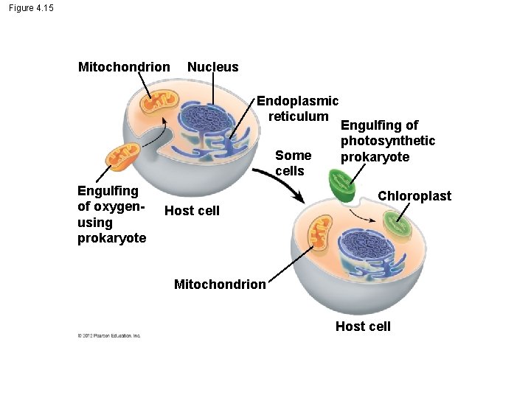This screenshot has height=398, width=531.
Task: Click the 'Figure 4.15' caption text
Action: [32, 8]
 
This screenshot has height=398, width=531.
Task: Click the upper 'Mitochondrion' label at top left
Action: [124, 67]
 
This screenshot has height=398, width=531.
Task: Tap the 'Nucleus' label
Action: [212, 67]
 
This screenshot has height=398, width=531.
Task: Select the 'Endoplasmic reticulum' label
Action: [297, 108]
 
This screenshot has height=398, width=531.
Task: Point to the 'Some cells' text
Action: [293, 163]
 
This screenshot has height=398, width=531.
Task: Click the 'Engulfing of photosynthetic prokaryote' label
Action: [387, 141]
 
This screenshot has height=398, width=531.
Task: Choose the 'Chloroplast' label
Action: [414, 196]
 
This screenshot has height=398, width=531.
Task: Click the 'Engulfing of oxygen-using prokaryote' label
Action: [111, 214]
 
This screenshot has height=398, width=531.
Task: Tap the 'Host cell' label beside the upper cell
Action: [192, 211]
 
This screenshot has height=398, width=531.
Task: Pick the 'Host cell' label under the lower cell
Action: [363, 327]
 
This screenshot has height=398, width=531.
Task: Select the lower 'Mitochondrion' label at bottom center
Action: [220, 284]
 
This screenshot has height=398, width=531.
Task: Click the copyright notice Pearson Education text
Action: [108, 336]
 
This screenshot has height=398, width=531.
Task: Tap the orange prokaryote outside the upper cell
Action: [122, 156]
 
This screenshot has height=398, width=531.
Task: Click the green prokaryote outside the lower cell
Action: [340, 185]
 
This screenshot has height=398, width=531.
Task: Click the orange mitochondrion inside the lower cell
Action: [320, 233]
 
